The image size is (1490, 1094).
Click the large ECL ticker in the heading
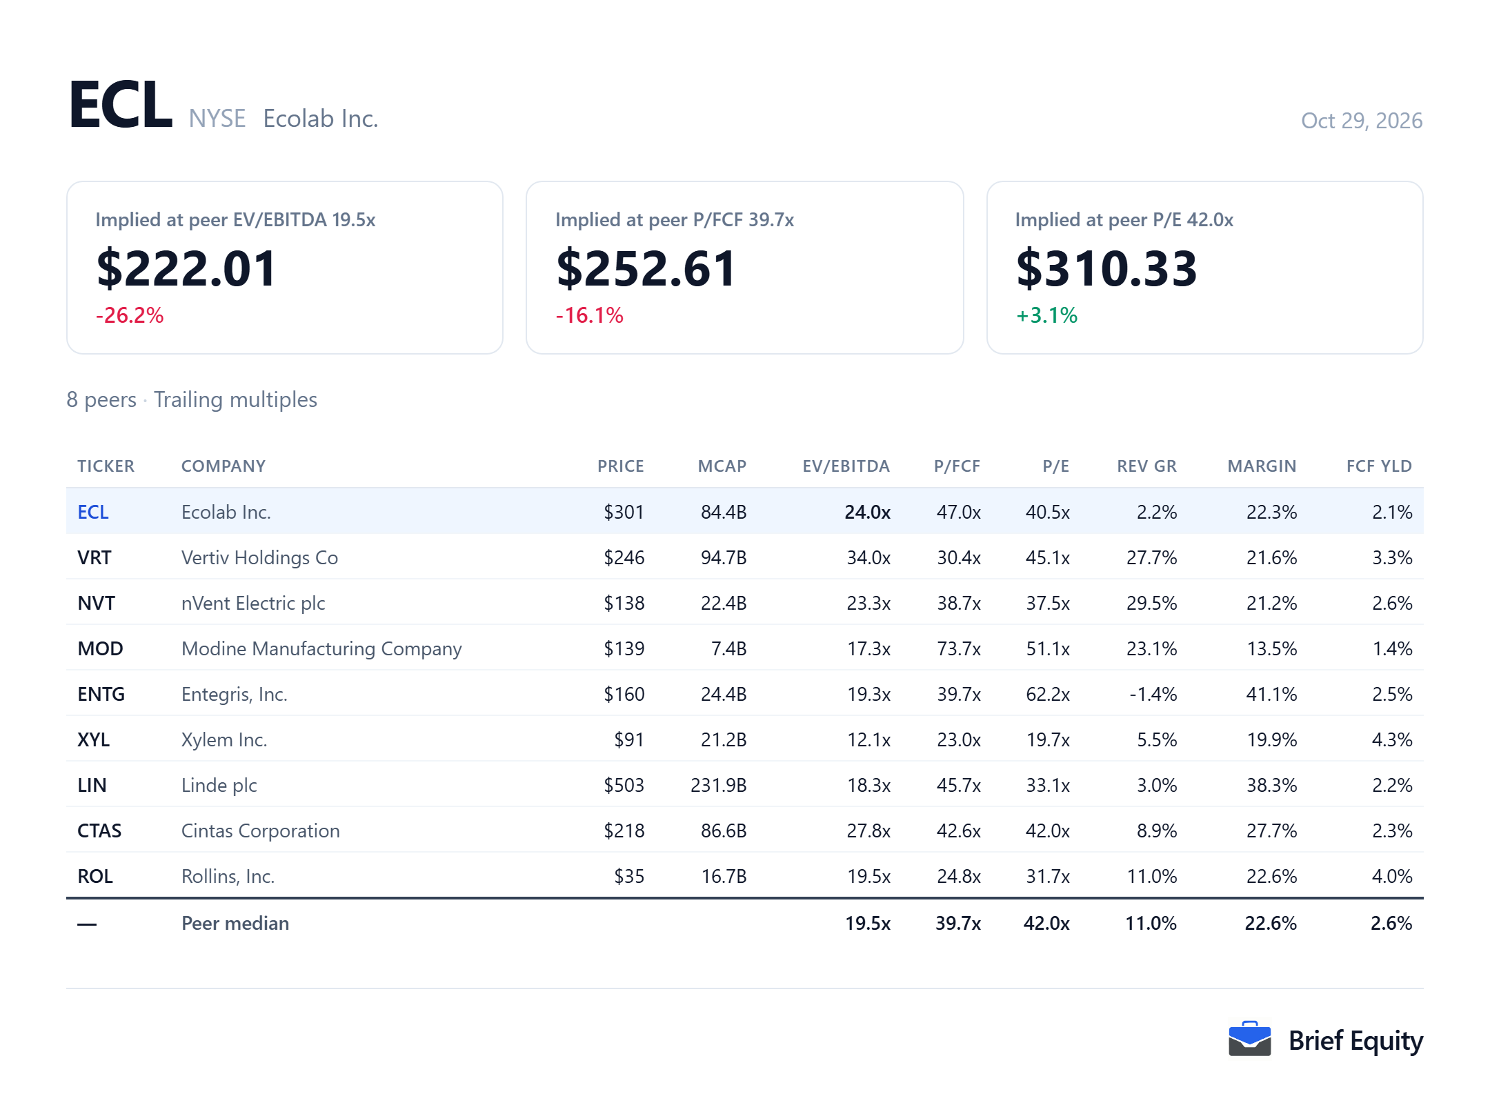click(x=121, y=104)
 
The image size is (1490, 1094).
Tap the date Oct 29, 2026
click(x=1361, y=121)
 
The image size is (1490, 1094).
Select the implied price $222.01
click(x=186, y=268)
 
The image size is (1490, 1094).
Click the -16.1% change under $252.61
click(x=589, y=315)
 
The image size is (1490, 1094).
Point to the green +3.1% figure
click(x=1046, y=315)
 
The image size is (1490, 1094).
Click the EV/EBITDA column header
click(x=846, y=466)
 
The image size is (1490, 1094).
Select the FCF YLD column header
click(x=1379, y=466)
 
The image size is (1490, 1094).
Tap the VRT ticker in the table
click(x=95, y=557)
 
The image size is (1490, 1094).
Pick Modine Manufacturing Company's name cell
click(x=321, y=648)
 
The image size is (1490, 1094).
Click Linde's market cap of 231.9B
click(x=718, y=785)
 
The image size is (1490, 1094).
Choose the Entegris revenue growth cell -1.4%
click(x=1153, y=694)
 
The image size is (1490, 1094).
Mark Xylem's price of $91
click(x=629, y=739)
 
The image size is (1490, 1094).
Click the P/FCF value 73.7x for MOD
click(x=959, y=648)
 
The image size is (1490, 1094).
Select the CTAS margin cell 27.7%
click(x=1271, y=831)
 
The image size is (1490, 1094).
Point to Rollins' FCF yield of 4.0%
click(x=1392, y=876)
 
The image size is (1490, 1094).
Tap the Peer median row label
click(x=235, y=923)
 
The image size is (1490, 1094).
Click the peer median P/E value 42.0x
click(x=1046, y=923)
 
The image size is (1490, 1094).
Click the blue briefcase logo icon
click(x=1249, y=1039)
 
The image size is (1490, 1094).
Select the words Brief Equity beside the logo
click(x=1355, y=1041)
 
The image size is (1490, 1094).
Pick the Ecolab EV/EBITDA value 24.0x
click(x=868, y=512)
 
